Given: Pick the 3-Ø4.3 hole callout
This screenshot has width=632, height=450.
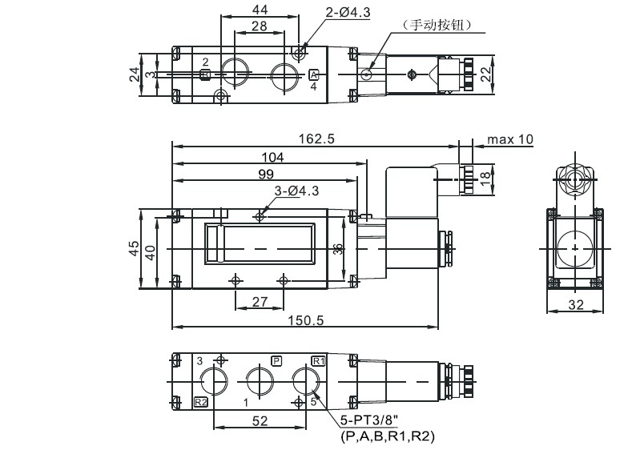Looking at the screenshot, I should (296, 191).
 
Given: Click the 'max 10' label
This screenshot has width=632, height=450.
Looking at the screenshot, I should (509, 139).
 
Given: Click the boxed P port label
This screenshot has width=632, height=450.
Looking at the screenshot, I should (277, 360).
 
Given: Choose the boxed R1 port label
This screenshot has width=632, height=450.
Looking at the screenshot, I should (318, 360).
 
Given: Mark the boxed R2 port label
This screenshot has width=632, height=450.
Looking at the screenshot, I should (201, 402).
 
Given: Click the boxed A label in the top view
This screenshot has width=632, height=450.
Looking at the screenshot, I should (314, 74).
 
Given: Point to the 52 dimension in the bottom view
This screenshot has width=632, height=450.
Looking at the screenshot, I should (260, 419).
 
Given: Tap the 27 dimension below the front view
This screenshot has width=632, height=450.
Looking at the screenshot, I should (260, 301).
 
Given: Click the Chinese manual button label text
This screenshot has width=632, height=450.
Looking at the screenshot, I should (439, 25).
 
